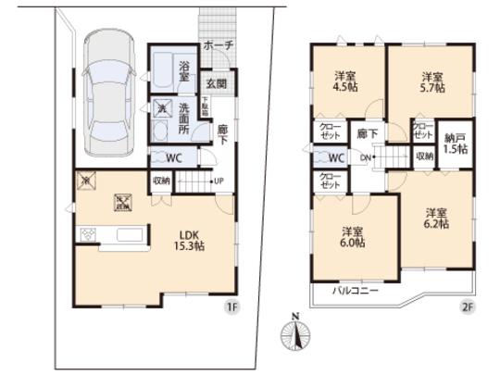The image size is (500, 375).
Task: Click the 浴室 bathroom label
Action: coord(184,71)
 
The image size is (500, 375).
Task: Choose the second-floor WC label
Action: coord(336,158)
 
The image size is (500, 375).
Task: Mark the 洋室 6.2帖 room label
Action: coord(435,218)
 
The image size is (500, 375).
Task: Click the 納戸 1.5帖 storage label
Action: coord(454,143)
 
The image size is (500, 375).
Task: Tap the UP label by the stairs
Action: coord(219,181)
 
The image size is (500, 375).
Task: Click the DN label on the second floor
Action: coord(366,159)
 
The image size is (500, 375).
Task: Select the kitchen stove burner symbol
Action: coord(89,234)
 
